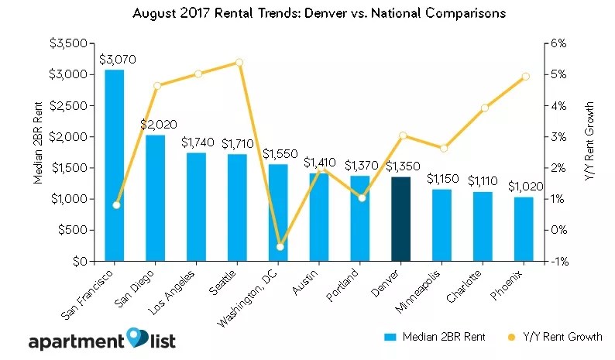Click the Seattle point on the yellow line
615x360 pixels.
click(239, 62)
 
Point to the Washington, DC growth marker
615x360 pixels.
click(280, 246)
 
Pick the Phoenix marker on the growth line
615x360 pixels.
click(525, 76)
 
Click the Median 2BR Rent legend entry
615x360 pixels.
click(434, 338)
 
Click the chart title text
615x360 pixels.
click(307, 13)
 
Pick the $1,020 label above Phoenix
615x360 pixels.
click(524, 187)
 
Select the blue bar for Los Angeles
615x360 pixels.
click(196, 207)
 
